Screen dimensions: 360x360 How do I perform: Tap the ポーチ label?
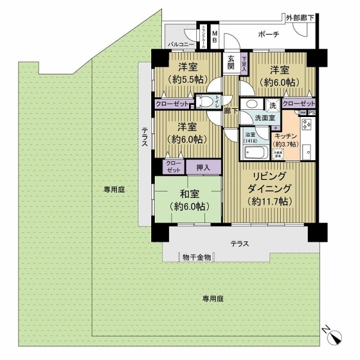268,35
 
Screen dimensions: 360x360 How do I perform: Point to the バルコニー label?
181,44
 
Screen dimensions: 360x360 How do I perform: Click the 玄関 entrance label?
232,62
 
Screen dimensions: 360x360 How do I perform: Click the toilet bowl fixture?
206,102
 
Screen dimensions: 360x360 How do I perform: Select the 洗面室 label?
265,118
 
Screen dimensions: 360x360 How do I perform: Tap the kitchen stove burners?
305,125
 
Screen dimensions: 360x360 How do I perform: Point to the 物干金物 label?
197,257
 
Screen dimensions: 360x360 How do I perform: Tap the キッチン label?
286,136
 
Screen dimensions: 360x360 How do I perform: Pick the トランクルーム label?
204,36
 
